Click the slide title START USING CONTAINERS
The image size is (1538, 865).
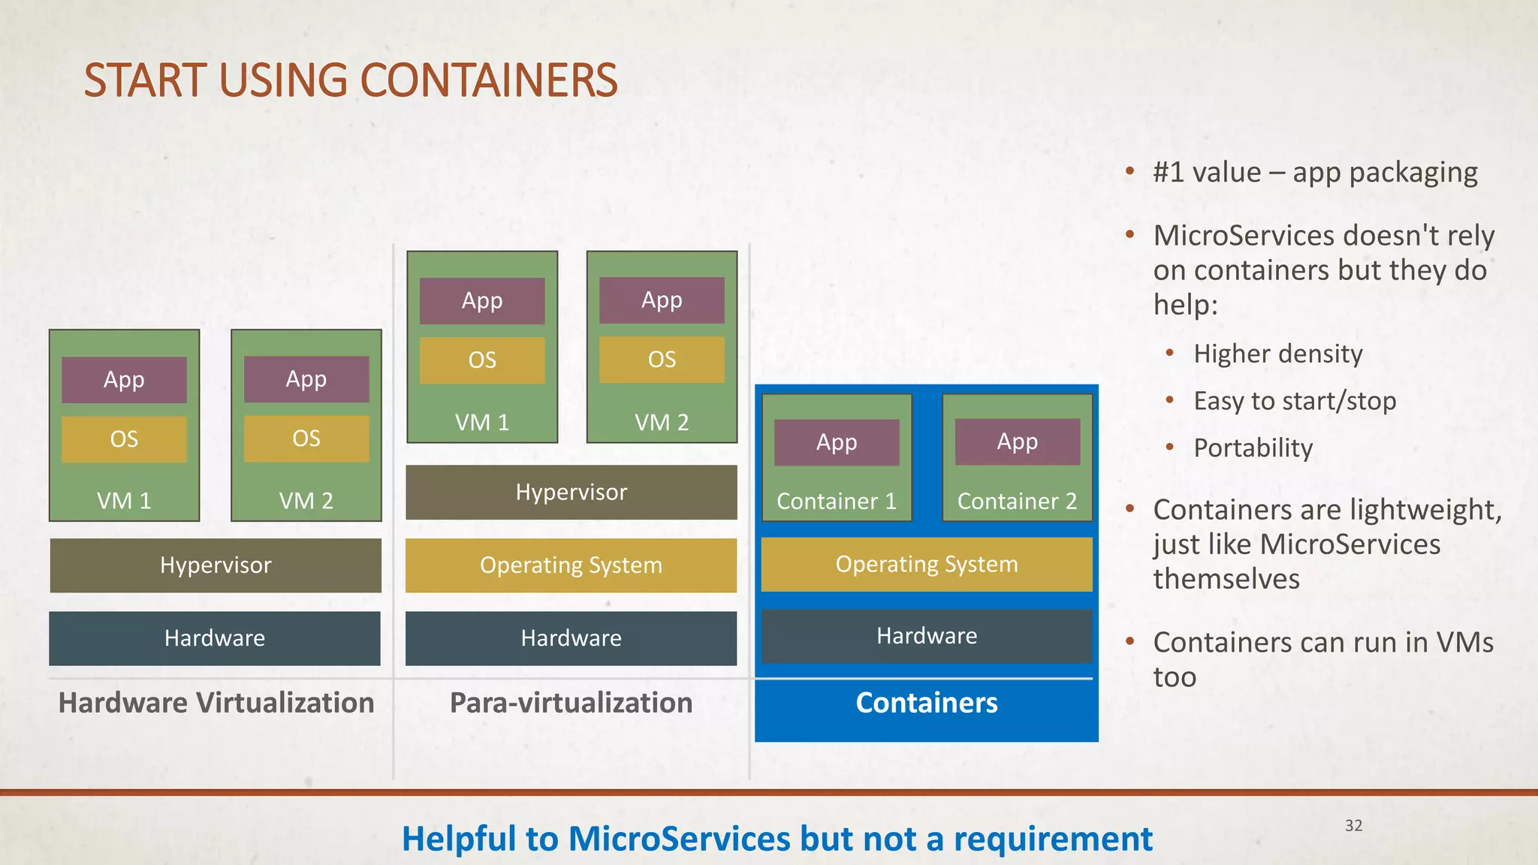350,80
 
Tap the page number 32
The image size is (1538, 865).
1353,825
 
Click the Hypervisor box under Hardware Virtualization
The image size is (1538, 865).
216,565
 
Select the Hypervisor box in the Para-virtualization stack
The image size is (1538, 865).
571,492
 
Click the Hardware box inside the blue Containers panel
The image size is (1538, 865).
927,636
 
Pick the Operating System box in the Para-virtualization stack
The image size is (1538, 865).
571,565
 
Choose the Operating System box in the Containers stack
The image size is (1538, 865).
927,564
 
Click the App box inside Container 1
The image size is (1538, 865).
837,442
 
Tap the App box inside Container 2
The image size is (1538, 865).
1017,442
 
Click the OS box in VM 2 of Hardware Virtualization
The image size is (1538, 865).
306,439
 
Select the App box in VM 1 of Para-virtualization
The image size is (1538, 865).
482,300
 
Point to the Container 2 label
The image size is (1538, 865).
1017,501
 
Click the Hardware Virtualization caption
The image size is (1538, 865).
216,703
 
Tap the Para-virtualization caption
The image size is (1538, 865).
571,703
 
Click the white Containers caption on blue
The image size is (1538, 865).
927,703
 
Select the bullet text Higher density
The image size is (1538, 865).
1277,354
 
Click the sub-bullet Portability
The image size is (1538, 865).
1253,448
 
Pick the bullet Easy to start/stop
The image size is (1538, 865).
1295,401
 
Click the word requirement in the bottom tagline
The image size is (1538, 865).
1052,839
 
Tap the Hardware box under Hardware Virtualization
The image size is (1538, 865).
215,638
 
